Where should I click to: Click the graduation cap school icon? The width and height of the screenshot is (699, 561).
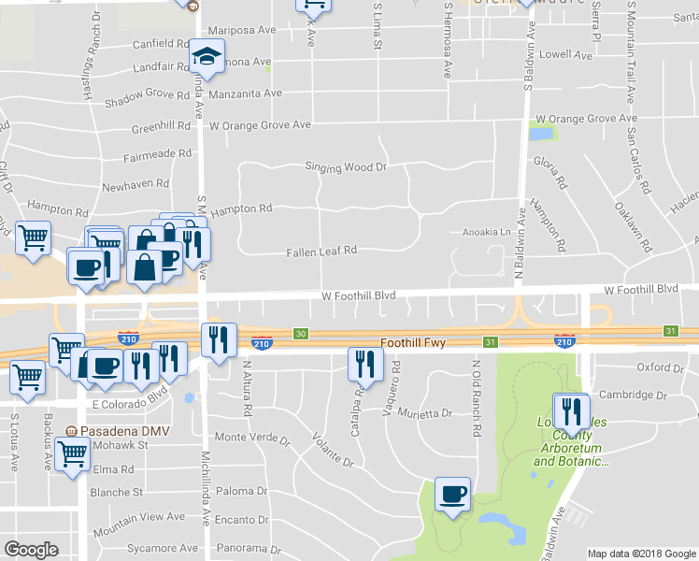[207, 57]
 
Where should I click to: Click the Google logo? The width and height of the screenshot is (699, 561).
[31, 549]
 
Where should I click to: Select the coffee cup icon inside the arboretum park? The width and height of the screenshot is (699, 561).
[453, 495]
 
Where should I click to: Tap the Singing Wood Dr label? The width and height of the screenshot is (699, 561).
[345, 166]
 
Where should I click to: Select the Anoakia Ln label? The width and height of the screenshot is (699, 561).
[482, 232]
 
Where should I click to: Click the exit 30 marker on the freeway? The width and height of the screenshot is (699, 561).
[300, 333]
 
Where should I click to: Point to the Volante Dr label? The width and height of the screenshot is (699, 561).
[333, 447]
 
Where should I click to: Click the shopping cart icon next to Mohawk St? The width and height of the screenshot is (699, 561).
[72, 456]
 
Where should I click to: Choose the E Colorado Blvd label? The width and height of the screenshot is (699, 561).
[135, 404]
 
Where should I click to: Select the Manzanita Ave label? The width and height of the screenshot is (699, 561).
[246, 93]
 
